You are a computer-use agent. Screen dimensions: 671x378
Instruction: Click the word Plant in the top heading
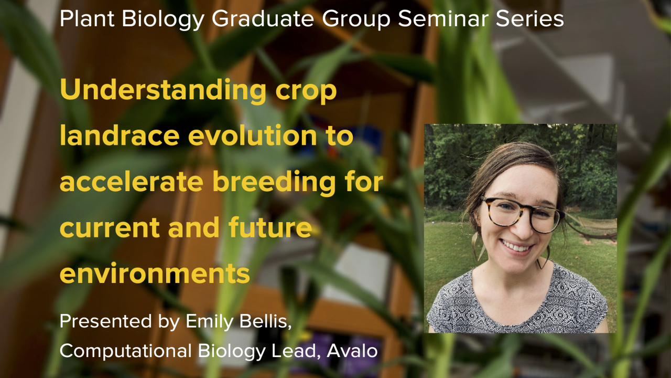tap(87, 18)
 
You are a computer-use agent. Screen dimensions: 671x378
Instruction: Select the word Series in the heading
tap(530, 18)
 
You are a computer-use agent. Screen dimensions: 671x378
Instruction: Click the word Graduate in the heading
tap(263, 18)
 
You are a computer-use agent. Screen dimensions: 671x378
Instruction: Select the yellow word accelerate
tap(132, 182)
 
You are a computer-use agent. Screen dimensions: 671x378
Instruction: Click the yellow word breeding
tap(274, 182)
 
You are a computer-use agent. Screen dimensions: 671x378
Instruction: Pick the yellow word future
tap(270, 227)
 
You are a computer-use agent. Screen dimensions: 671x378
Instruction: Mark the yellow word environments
tap(155, 274)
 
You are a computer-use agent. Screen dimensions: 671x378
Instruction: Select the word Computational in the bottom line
tap(126, 351)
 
